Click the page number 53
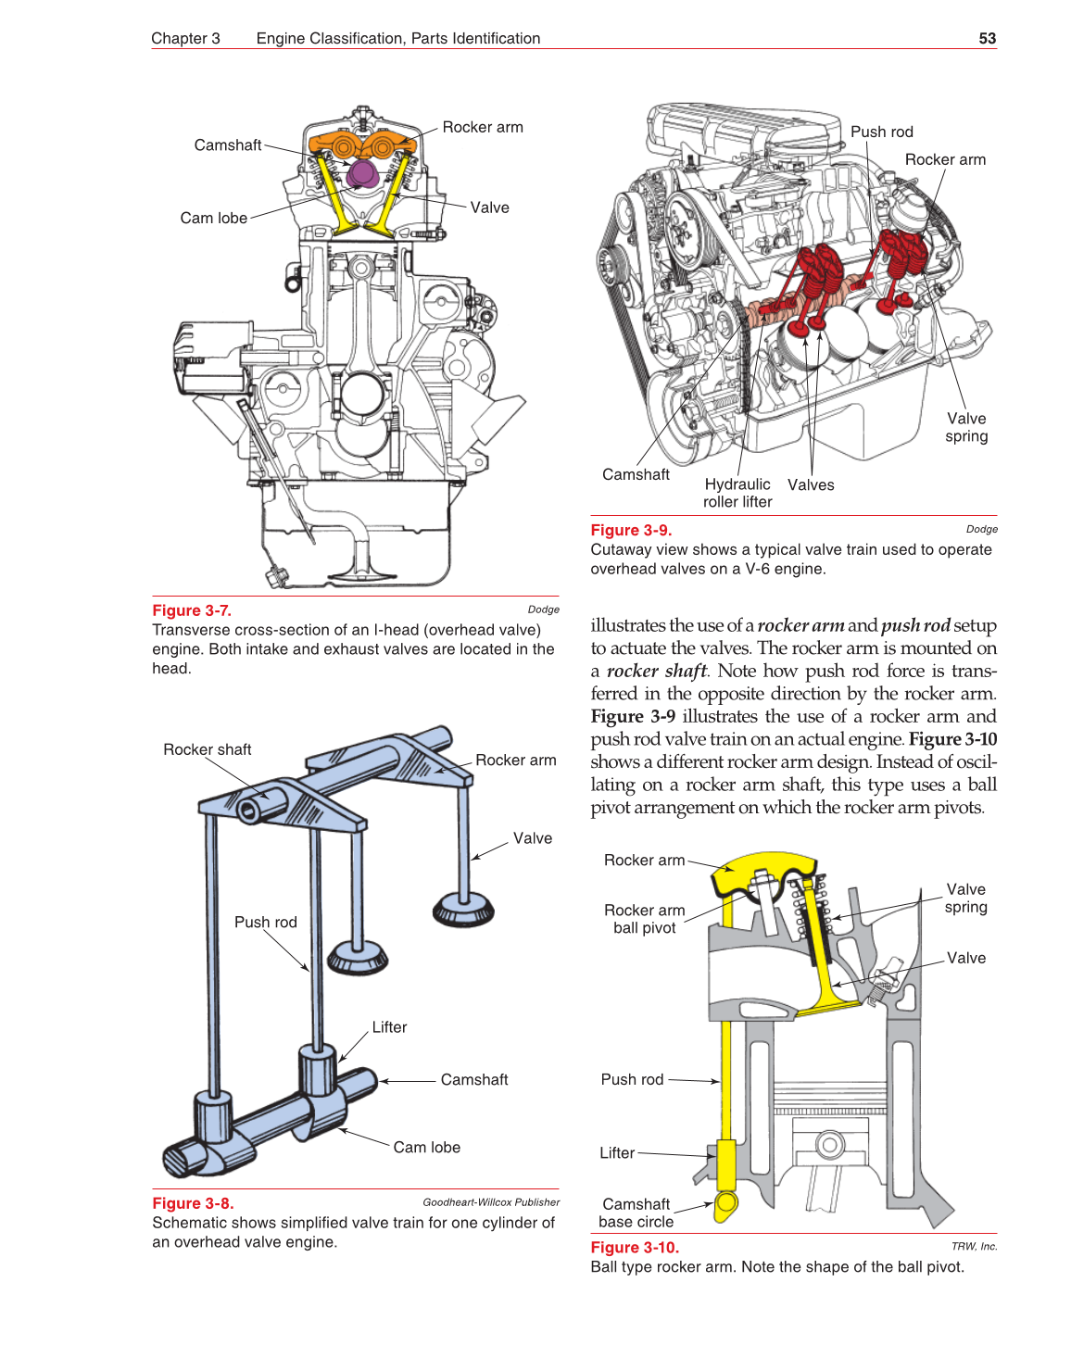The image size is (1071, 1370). (x=987, y=39)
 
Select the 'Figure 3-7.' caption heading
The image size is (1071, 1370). (x=192, y=610)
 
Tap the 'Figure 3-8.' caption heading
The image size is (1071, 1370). (x=193, y=1203)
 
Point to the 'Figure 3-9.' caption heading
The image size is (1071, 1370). (x=631, y=530)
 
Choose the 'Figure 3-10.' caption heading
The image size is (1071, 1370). (x=635, y=1248)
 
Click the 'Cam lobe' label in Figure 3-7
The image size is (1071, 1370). (x=214, y=219)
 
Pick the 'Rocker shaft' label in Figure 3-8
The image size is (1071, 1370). (x=208, y=749)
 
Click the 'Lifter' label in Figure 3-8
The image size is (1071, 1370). (x=389, y=1027)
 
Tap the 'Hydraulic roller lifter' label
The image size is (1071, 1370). (x=737, y=493)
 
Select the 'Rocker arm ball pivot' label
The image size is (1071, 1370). (x=645, y=919)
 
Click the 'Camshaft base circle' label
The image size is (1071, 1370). (x=636, y=1213)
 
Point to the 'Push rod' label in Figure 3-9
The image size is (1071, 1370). (x=881, y=132)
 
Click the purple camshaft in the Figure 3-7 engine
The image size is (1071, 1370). (x=362, y=173)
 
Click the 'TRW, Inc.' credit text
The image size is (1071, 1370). (x=974, y=1247)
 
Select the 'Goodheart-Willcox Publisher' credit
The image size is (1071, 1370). (x=491, y=1202)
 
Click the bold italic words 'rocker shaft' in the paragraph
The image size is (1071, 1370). (x=656, y=671)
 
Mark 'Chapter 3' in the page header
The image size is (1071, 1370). (x=185, y=39)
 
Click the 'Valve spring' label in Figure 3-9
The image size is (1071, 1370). (x=966, y=427)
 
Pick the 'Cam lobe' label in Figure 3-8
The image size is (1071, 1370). (x=426, y=1148)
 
